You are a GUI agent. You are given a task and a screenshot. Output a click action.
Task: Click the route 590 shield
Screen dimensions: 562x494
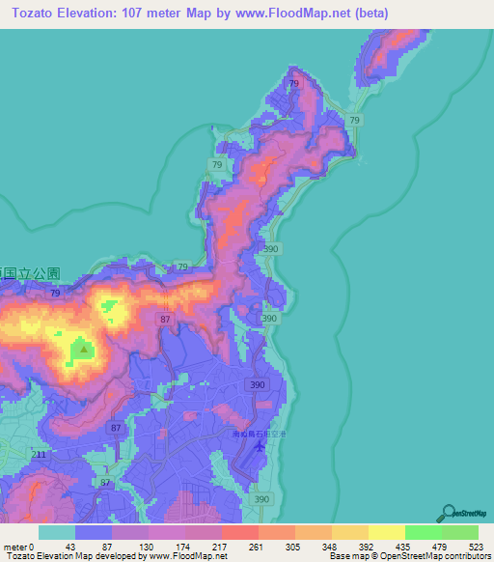(x=271, y=249)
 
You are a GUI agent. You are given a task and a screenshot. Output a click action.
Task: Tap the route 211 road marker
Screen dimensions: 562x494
(x=39, y=454)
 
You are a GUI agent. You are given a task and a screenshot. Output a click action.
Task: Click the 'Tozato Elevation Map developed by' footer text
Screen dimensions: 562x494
(x=71, y=557)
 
